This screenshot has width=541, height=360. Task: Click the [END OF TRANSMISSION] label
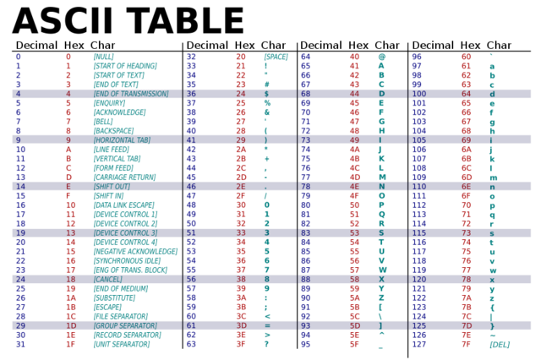click(x=130, y=94)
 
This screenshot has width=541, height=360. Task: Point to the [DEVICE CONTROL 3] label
click(x=124, y=232)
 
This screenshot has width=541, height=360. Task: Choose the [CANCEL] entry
click(x=108, y=279)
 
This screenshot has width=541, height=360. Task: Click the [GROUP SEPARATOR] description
click(x=124, y=325)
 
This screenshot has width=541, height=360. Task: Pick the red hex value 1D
click(x=71, y=325)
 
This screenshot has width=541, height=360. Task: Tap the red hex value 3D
click(x=241, y=325)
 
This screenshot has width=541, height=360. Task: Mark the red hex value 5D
click(x=354, y=325)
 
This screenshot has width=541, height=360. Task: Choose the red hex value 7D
click(x=466, y=325)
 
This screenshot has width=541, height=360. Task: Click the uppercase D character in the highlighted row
click(x=381, y=94)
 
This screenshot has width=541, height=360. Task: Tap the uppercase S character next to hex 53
click(x=381, y=232)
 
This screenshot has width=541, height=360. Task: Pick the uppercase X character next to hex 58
click(x=381, y=279)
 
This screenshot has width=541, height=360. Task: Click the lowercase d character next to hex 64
click(x=493, y=94)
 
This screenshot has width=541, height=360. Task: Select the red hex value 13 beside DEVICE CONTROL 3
click(x=71, y=232)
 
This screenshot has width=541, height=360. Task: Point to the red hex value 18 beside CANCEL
click(x=71, y=279)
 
